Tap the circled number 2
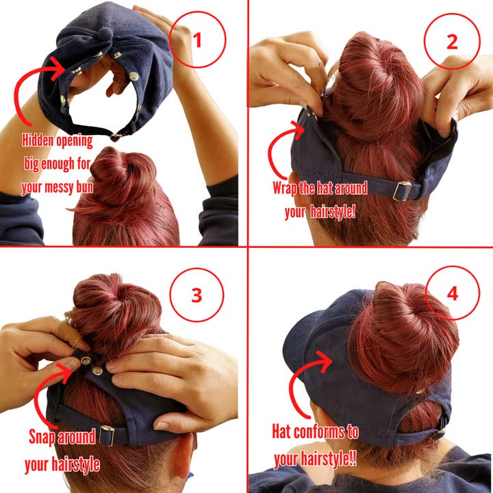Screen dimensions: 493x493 [x=451, y=41]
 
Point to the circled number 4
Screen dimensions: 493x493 [x=452, y=293]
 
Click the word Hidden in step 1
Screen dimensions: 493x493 [x=40, y=141]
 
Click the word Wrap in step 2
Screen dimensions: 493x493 [x=288, y=187]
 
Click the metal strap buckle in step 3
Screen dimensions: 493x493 [x=108, y=435]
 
